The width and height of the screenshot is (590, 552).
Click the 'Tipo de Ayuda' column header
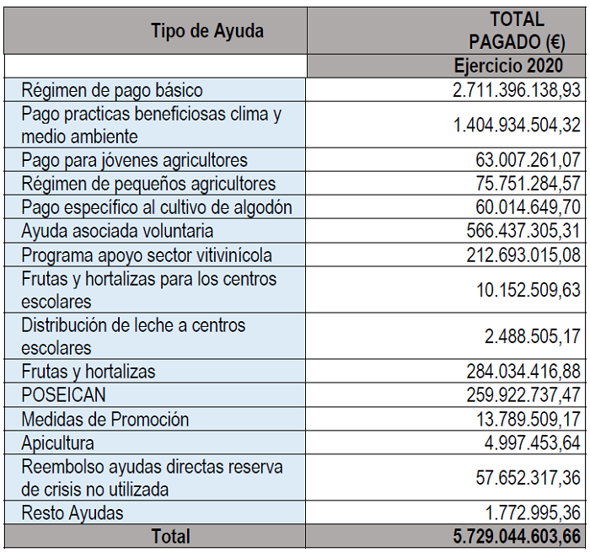(x=207, y=31)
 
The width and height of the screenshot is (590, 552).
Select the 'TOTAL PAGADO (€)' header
(x=517, y=31)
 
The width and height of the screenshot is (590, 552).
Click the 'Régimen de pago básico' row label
(x=112, y=90)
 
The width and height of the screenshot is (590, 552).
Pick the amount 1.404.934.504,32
(x=517, y=126)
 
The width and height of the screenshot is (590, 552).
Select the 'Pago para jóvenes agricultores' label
(x=135, y=160)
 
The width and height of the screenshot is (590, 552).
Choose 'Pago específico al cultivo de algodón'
(x=157, y=207)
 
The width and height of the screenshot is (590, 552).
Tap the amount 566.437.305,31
(x=523, y=231)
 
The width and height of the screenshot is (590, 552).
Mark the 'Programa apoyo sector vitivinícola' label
(x=147, y=255)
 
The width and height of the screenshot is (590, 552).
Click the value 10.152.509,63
(x=528, y=290)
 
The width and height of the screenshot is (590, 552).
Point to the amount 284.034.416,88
(x=523, y=372)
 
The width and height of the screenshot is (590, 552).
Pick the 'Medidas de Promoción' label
(x=105, y=419)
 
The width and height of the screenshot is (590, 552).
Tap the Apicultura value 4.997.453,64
(x=533, y=442)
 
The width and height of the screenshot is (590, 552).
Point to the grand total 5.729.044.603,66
(x=517, y=536)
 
